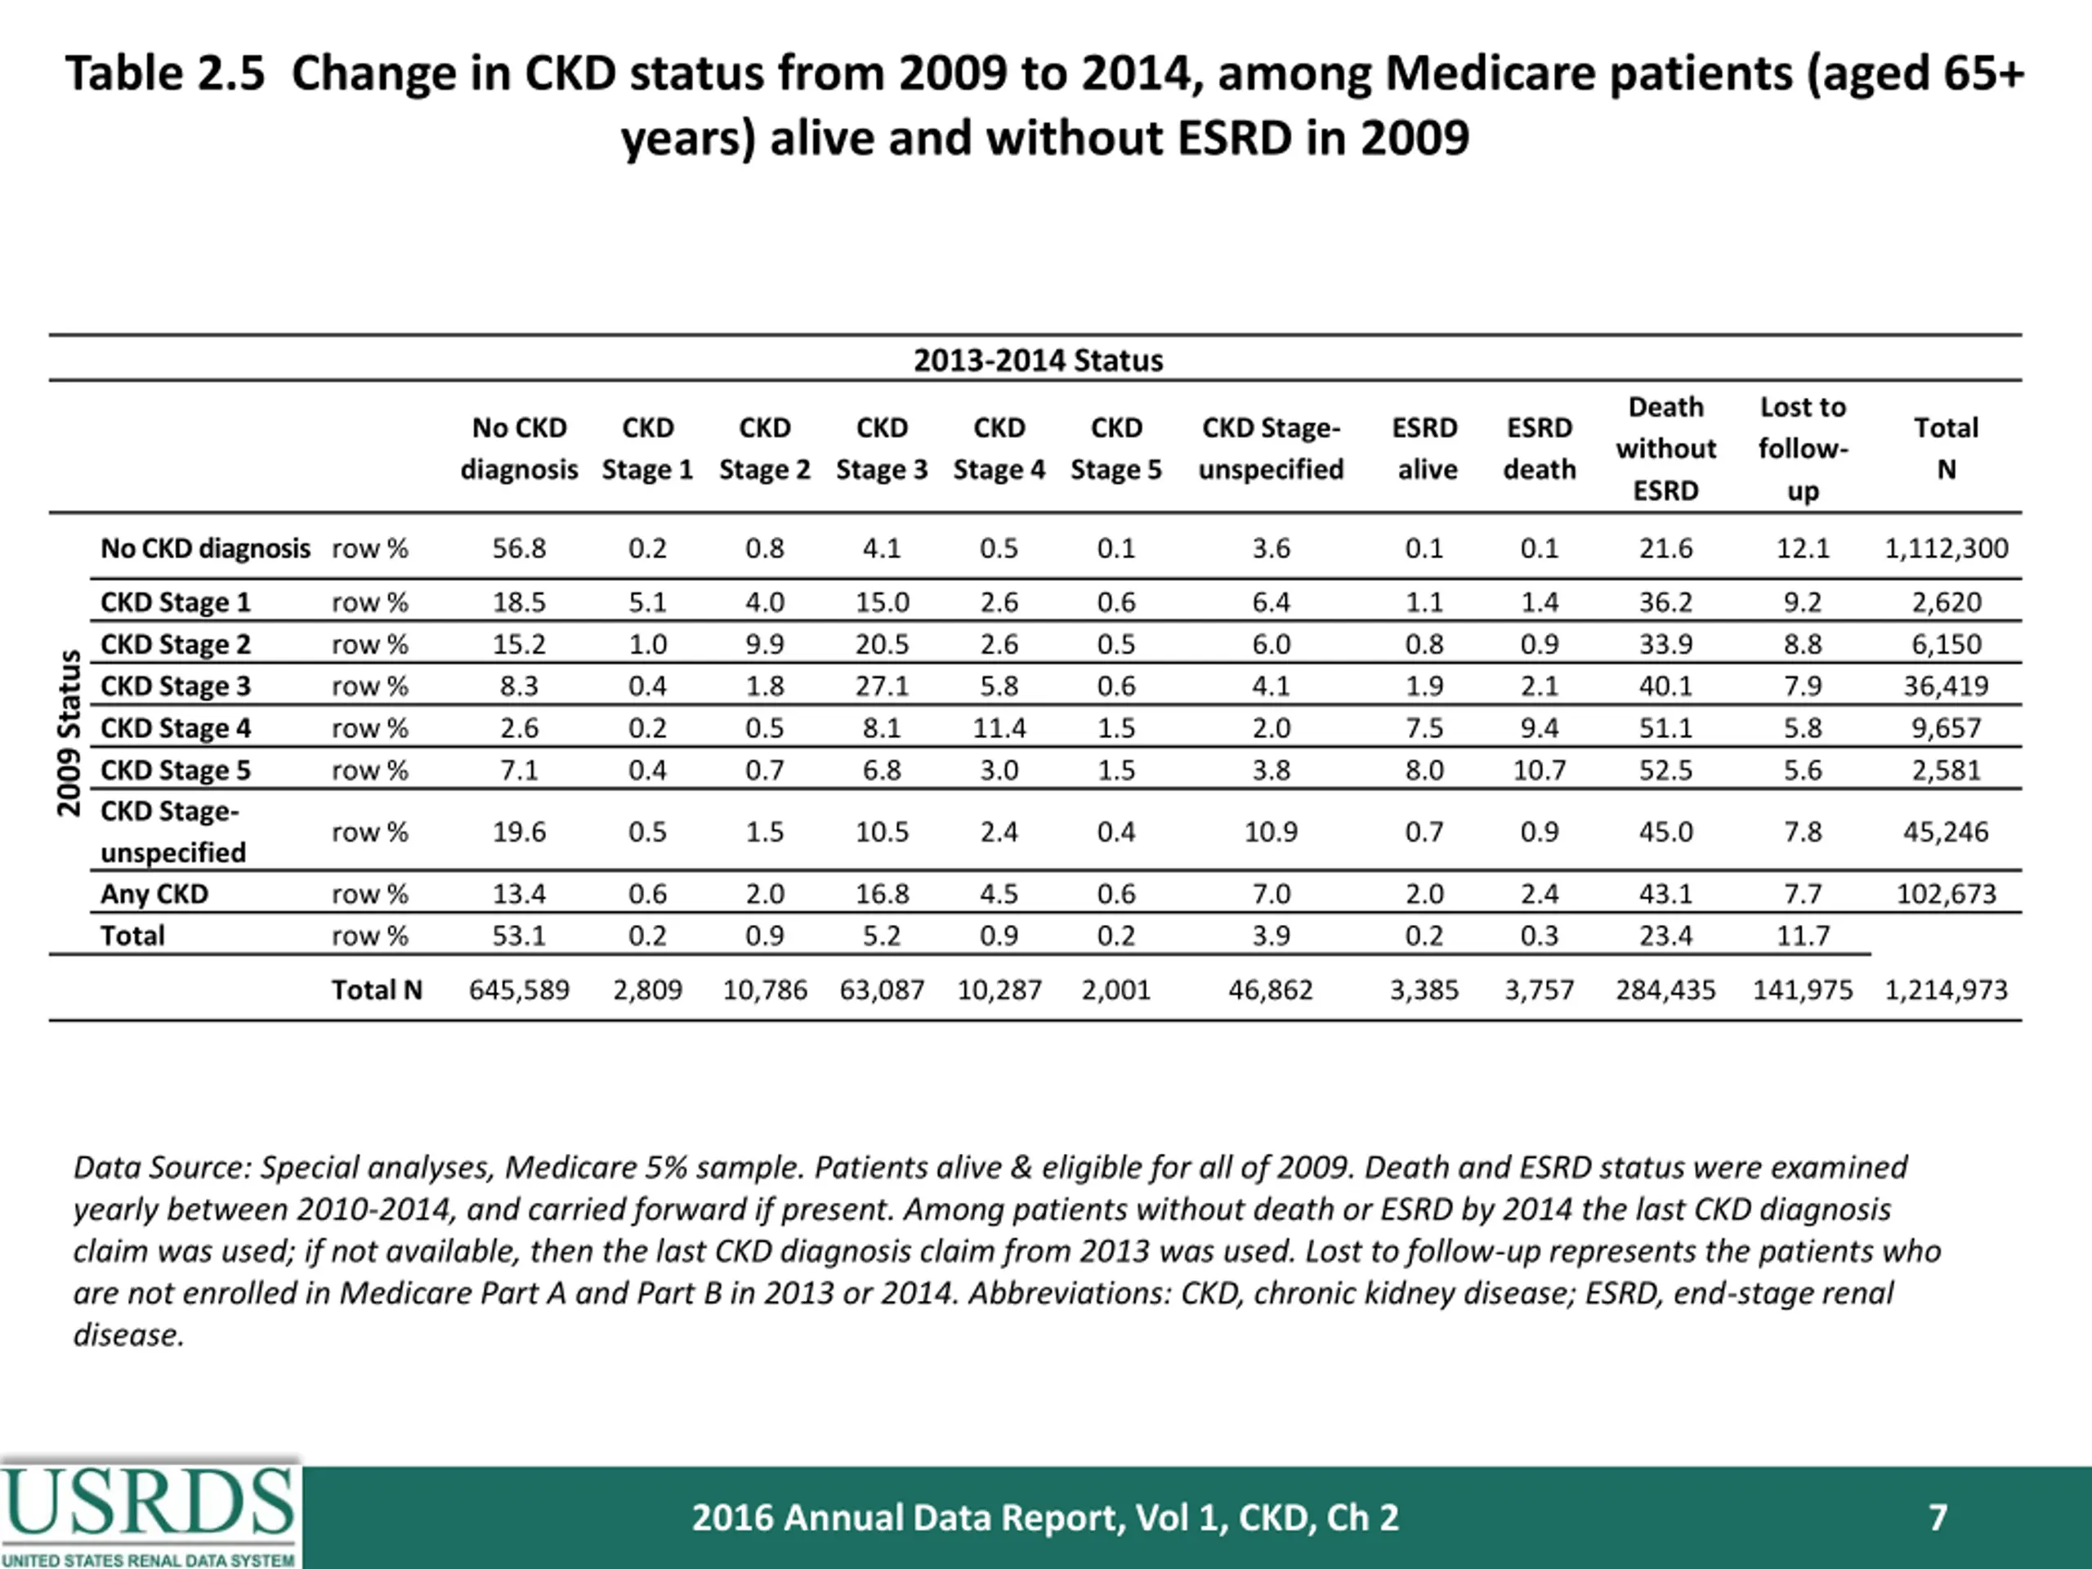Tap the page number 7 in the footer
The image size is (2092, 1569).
[1938, 1518]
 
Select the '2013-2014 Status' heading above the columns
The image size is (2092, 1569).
[1038, 360]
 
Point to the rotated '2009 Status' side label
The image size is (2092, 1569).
[68, 732]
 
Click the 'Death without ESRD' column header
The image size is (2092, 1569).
[1665, 449]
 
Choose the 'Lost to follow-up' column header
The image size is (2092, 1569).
[1803, 449]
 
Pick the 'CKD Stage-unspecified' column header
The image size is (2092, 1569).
[1270, 449]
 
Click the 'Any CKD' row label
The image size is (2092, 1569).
[154, 894]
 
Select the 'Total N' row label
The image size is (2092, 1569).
[377, 990]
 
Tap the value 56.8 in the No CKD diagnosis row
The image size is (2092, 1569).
[518, 548]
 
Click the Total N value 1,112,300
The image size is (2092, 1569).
[1947, 548]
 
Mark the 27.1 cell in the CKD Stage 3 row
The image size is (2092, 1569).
[882, 686]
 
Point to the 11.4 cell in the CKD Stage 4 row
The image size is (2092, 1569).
[999, 728]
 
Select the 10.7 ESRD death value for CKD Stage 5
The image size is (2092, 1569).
[1539, 770]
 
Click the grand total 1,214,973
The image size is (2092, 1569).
[1947, 990]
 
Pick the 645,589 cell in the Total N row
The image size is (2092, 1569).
[518, 990]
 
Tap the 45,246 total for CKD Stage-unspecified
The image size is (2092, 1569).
[1947, 832]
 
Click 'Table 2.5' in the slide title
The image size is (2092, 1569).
[166, 74]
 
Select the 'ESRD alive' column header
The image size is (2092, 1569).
[1424, 449]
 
